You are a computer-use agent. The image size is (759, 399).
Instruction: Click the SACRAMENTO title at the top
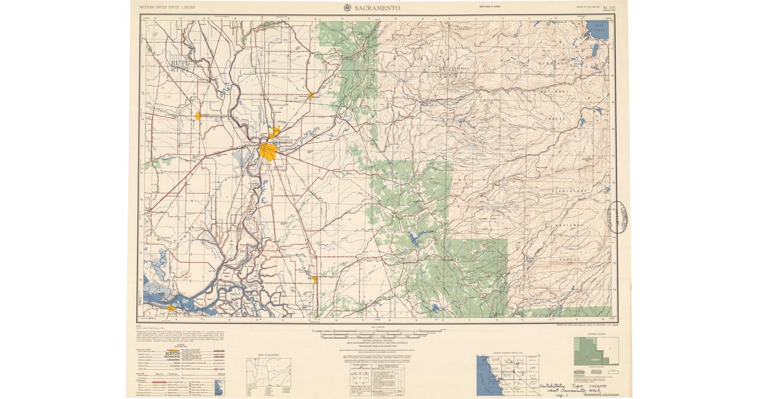coord(378,8)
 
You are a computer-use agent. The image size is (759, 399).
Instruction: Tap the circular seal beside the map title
coord(347,8)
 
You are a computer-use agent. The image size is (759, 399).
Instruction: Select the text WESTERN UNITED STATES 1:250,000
coord(168,7)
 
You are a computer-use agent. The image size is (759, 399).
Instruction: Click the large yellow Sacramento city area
coord(268,151)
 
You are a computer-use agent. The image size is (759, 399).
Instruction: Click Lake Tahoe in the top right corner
coord(598,29)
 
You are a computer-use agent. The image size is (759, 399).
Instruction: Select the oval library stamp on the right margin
coord(617,217)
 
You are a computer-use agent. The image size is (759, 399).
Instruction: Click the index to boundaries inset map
coord(268,372)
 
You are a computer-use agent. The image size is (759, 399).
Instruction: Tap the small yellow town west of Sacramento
coord(198,116)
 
